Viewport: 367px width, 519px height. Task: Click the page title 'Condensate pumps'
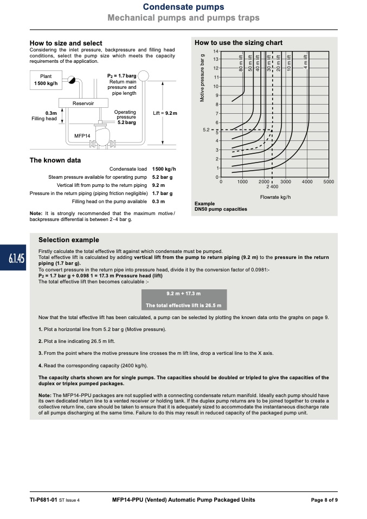(x=183, y=7)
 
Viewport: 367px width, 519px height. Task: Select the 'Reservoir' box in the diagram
(x=83, y=103)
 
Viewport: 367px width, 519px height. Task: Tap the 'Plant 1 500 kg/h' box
(x=46, y=80)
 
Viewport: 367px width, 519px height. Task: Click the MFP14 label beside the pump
(x=82, y=135)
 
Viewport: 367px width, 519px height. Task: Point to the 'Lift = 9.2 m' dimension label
(x=165, y=113)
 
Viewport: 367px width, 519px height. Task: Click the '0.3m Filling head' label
(x=44, y=116)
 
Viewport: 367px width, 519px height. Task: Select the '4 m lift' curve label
(x=305, y=62)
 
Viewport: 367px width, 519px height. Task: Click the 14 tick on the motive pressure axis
(x=216, y=51)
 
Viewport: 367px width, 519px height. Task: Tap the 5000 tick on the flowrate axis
(x=329, y=181)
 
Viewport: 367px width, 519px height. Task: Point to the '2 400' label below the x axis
(x=272, y=187)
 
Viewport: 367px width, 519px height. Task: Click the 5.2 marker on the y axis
(x=206, y=130)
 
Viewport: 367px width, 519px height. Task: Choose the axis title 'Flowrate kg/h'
(x=275, y=197)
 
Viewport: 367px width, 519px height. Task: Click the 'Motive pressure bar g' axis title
(x=202, y=78)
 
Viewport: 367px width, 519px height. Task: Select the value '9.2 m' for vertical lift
(x=158, y=185)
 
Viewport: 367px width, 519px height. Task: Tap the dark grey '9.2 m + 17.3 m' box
(x=184, y=300)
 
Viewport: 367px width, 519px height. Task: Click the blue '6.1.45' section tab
(x=13, y=257)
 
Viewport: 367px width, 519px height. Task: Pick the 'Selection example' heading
(x=68, y=240)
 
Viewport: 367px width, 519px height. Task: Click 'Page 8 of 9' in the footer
(x=324, y=500)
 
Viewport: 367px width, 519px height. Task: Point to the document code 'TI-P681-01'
(x=43, y=500)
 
